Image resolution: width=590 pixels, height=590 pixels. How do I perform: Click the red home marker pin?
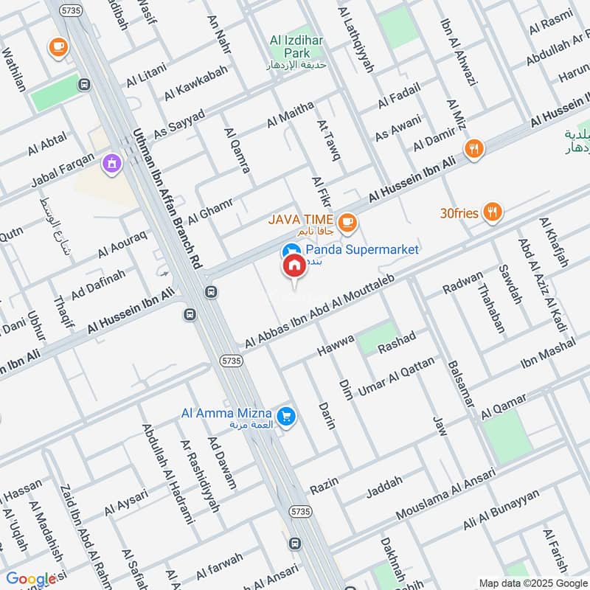click(x=294, y=266)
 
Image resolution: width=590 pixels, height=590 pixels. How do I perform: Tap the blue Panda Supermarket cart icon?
click(x=291, y=251)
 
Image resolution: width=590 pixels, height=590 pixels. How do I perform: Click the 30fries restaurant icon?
click(x=493, y=214)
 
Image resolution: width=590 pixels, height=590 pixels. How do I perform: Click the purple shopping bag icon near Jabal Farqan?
click(x=111, y=163)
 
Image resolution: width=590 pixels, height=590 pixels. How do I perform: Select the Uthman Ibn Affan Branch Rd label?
click(x=167, y=199)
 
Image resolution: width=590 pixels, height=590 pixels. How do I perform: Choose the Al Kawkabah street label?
click(x=195, y=86)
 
